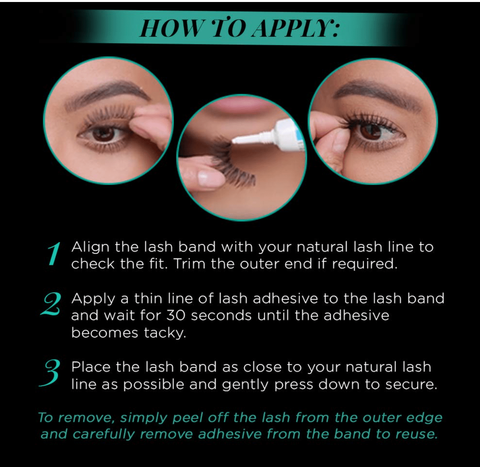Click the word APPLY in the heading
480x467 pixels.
pyautogui.click(x=296, y=28)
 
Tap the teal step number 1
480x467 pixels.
pyautogui.click(x=54, y=254)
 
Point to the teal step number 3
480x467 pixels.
pyautogui.click(x=49, y=373)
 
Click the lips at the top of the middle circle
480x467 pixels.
pyautogui.click(x=241, y=103)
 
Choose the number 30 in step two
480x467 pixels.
pyautogui.click(x=176, y=315)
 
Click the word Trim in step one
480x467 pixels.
pyautogui.click(x=189, y=264)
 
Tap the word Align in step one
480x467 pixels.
pyautogui.click(x=90, y=247)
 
